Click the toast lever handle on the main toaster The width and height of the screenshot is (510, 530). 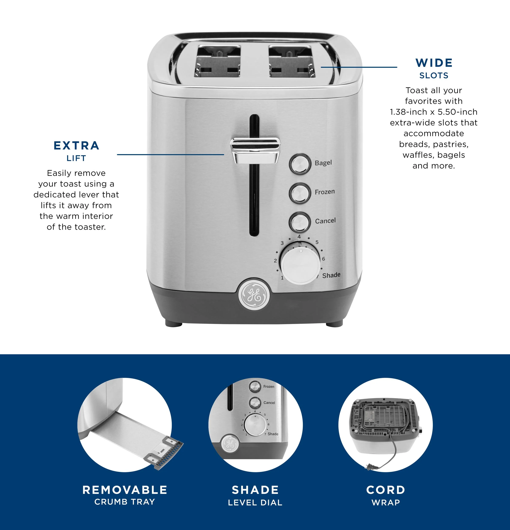255,150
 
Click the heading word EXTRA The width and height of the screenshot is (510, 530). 76,145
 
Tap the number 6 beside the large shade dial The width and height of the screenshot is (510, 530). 323,259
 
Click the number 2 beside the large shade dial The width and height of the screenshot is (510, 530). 275,261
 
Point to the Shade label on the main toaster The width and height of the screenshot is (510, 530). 331,275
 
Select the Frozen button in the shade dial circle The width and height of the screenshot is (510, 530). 255,387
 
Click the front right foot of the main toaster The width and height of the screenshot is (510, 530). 334,323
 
